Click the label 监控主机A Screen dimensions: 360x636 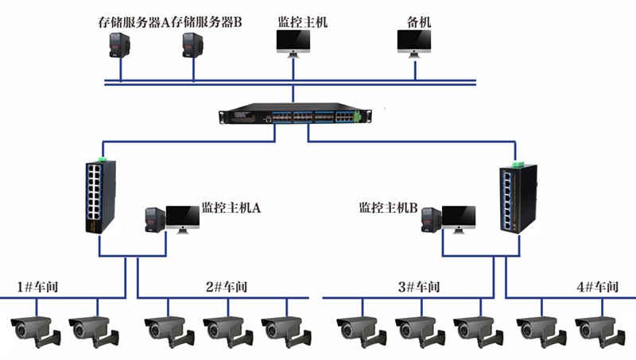(x=231, y=208)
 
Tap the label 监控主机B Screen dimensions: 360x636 (x=388, y=208)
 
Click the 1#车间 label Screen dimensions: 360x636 (x=39, y=287)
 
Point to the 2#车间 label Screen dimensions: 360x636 (x=227, y=287)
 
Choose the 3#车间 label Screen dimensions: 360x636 (x=418, y=287)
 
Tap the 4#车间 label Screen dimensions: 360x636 (x=597, y=287)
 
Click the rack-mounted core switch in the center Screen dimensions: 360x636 (x=293, y=116)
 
